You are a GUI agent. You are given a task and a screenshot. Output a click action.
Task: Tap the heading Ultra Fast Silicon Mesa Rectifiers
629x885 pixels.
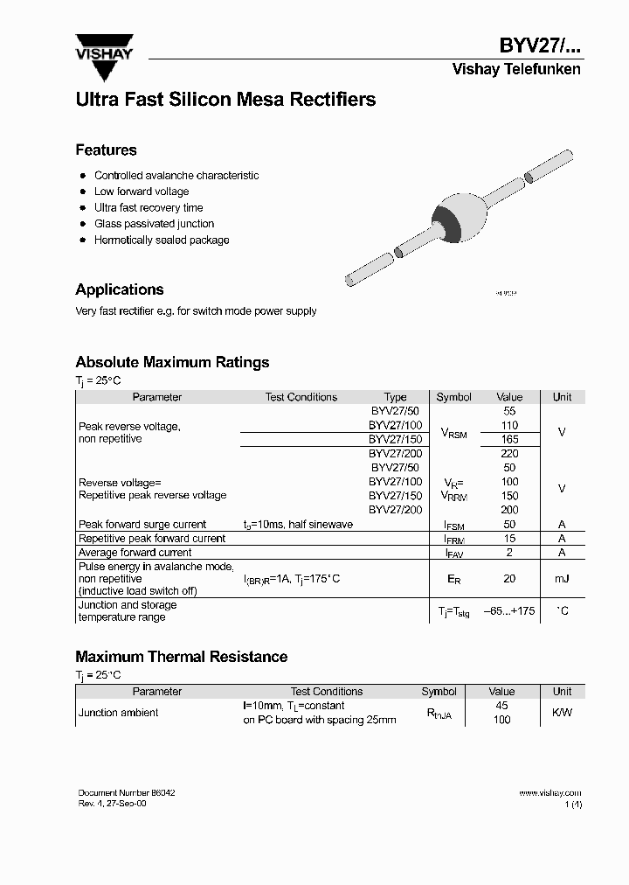tap(225, 100)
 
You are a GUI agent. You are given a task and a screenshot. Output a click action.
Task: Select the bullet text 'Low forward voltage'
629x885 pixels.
tap(142, 192)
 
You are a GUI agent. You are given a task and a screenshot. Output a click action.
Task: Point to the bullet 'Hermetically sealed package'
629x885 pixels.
tap(162, 240)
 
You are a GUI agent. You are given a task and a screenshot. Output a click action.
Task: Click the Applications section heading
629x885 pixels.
tap(120, 289)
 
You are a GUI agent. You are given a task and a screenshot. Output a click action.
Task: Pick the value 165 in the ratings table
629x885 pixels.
tap(509, 439)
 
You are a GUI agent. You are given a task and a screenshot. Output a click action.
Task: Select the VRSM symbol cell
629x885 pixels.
tap(453, 433)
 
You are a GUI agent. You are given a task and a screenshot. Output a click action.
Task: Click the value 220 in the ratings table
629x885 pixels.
tap(509, 453)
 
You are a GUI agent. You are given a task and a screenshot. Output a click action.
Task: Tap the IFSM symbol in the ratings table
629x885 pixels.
tap(453, 525)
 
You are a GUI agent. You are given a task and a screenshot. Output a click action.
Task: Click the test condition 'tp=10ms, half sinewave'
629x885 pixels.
tap(298, 524)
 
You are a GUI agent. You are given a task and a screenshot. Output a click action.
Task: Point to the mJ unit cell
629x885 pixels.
tap(562, 579)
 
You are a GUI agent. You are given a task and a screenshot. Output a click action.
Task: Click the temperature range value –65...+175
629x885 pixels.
tap(509, 611)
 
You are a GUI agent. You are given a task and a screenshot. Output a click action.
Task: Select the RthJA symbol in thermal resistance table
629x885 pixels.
tap(439, 714)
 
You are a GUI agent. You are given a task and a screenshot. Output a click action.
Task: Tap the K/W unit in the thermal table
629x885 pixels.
tap(562, 713)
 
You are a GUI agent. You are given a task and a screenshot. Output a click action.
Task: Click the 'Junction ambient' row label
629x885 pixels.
tap(119, 713)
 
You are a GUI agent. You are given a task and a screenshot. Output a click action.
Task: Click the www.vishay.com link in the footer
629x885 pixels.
tap(550, 793)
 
